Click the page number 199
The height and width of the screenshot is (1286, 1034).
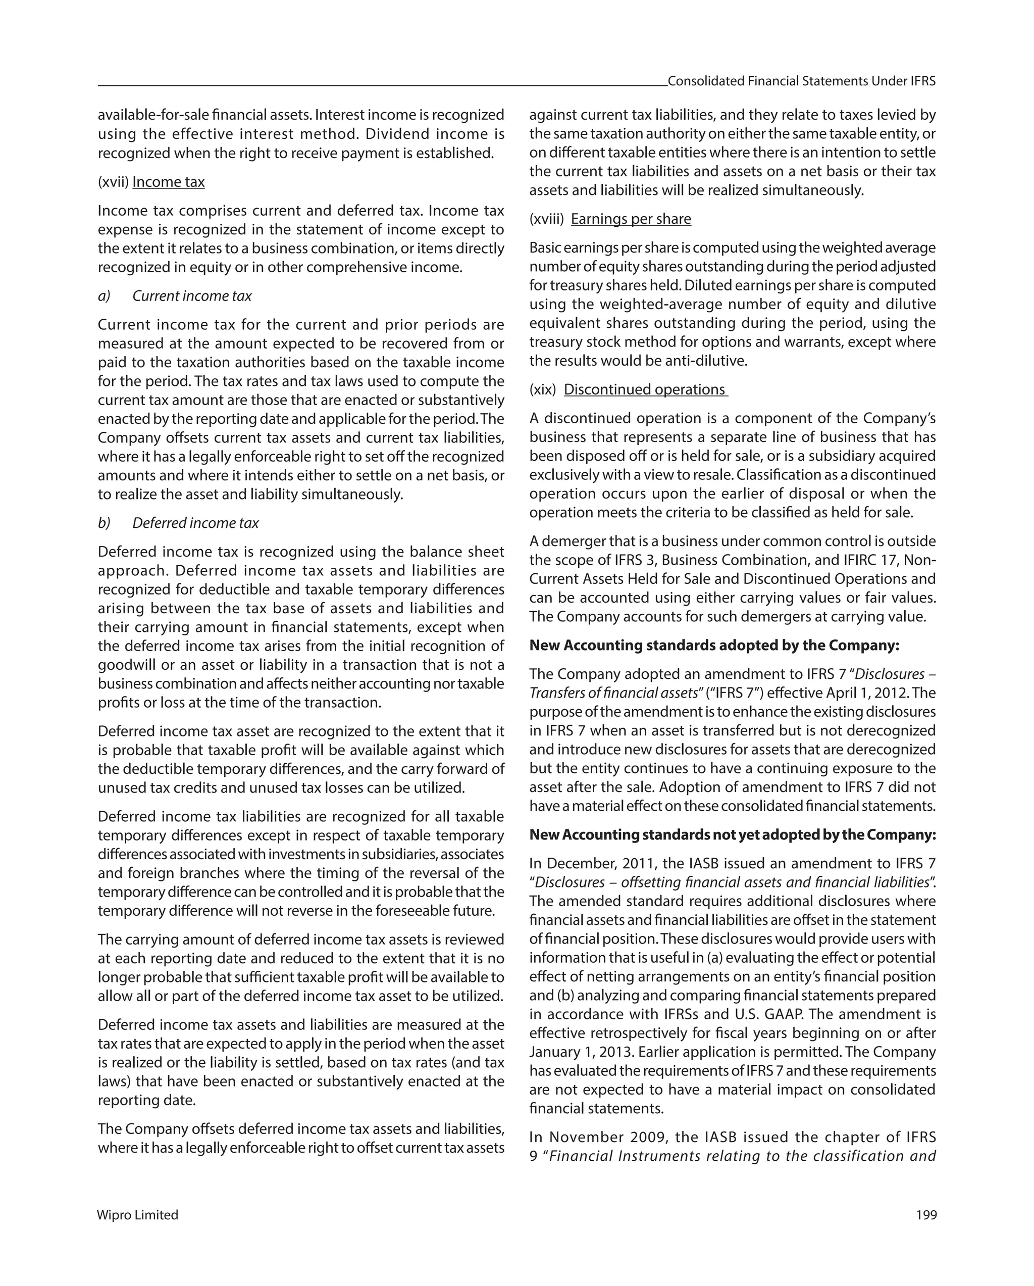click(x=926, y=1215)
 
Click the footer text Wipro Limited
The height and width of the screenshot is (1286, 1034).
click(x=138, y=1215)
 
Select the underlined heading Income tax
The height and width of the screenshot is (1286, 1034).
click(x=168, y=182)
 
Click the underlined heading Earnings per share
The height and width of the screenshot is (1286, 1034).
click(x=631, y=219)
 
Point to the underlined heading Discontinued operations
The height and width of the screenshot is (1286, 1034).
click(x=645, y=389)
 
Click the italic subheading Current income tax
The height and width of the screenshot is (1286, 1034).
click(x=192, y=296)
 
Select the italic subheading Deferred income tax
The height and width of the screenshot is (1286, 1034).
click(x=195, y=523)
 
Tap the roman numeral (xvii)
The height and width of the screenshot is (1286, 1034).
click(x=113, y=182)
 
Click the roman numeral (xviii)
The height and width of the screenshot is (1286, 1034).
click(x=546, y=219)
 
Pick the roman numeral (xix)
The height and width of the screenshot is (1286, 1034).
click(x=543, y=389)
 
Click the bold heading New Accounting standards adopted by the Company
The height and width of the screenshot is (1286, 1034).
click(x=714, y=646)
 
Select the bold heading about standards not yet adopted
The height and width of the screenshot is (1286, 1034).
click(x=732, y=834)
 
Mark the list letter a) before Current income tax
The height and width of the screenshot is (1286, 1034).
click(x=105, y=296)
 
